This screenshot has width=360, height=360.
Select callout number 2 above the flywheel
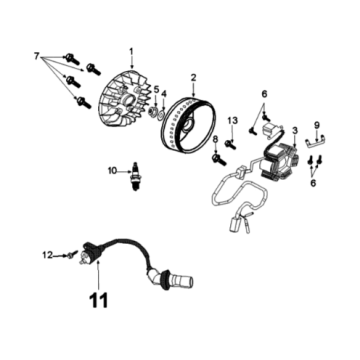click(x=194, y=76)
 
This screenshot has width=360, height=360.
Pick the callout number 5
click(x=156, y=90)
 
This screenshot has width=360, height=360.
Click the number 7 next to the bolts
click(x=38, y=52)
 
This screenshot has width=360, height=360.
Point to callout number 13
click(x=229, y=121)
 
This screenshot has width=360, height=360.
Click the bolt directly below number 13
click(x=230, y=141)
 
